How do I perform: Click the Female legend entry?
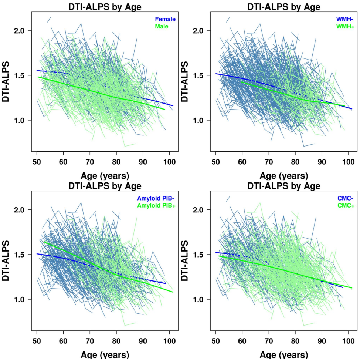[165, 19]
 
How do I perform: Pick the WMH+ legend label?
[345, 26]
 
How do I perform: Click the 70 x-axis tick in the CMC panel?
[269, 341]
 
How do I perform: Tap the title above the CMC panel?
[284, 186]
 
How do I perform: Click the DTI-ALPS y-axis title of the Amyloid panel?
[7, 261]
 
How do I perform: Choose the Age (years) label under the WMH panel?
[284, 175]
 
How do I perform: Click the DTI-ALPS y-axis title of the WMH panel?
[186, 81]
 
